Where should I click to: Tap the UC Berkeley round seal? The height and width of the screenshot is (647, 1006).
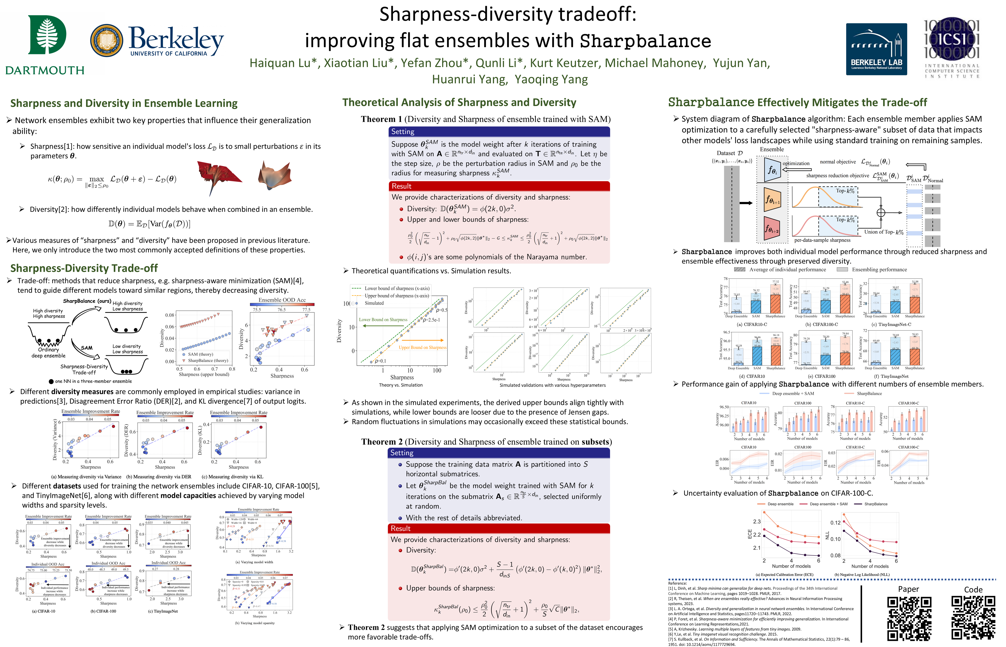click(107, 40)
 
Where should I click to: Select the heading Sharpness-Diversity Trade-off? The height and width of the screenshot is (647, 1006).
click(84, 268)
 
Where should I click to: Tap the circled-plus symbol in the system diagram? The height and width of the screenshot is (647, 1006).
click(881, 213)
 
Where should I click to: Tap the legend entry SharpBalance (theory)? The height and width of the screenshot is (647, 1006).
click(208, 361)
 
